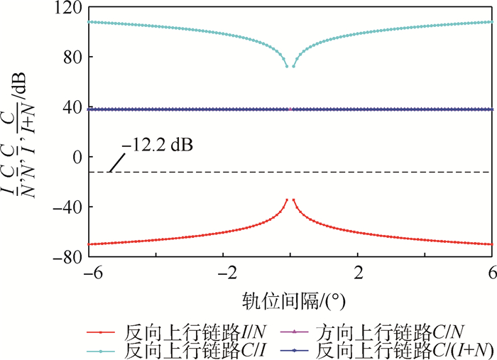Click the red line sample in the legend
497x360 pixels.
102,332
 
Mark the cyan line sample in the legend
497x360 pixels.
102,350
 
